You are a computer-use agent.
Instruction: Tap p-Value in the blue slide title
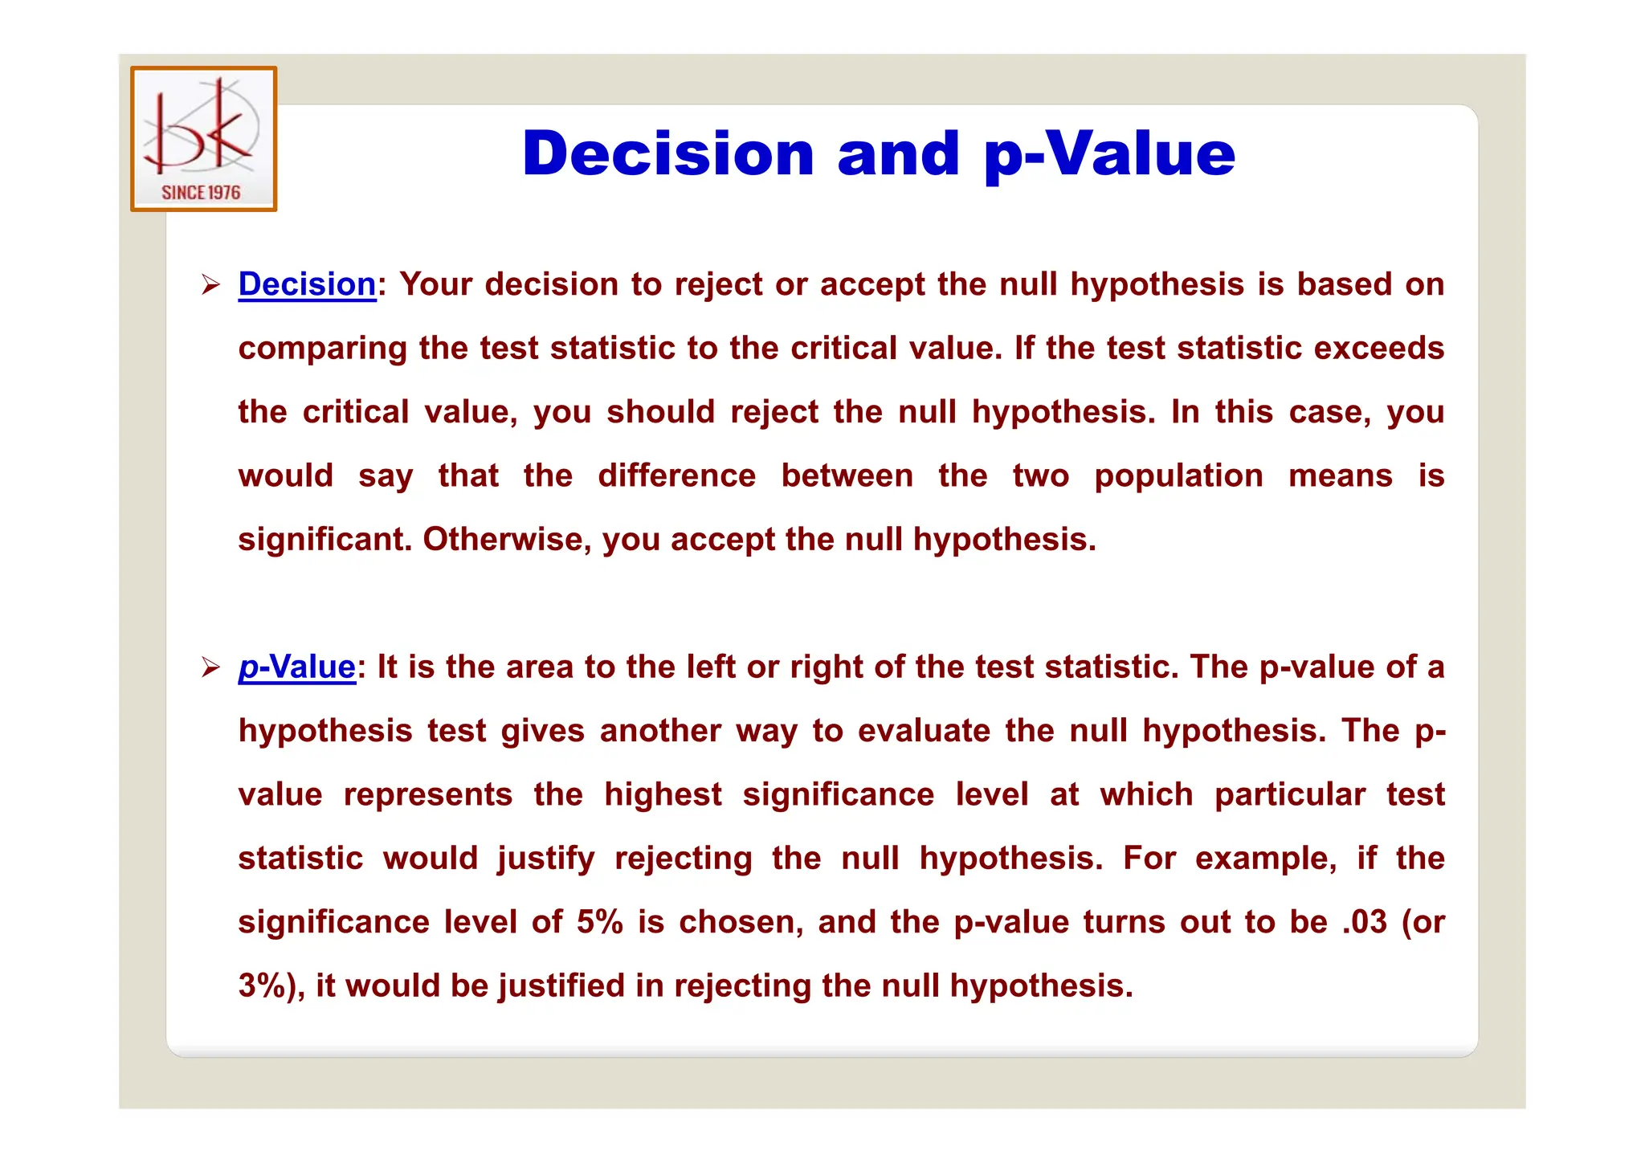point(1109,154)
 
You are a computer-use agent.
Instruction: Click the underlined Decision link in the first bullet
point(307,284)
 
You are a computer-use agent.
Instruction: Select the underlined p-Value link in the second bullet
point(296,667)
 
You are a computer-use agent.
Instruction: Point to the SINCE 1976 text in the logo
point(201,192)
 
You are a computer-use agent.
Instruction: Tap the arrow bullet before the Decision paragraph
point(210,284)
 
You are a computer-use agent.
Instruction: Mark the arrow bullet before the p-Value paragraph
point(210,667)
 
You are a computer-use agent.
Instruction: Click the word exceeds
point(1379,348)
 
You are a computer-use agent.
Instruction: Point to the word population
point(1178,475)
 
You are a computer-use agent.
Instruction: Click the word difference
point(676,475)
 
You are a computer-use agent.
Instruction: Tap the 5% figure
point(599,922)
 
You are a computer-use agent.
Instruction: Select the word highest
point(663,794)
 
